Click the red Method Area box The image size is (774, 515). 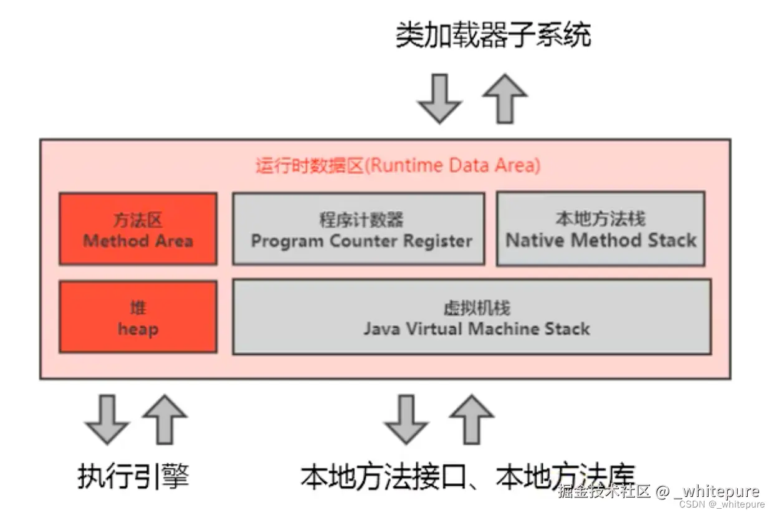tap(138, 229)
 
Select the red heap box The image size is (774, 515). tap(138, 317)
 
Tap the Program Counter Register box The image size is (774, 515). tap(359, 229)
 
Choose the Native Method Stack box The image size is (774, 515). tap(601, 228)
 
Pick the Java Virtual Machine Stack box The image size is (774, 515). tap(472, 317)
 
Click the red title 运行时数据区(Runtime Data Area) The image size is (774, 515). tap(398, 165)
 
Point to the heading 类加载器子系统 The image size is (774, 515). tap(494, 34)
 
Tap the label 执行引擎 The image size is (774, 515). tap(133, 476)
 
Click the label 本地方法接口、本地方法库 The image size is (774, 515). tap(468, 476)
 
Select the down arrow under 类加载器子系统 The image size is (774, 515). tap(439, 99)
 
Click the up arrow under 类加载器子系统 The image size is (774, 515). tap(505, 99)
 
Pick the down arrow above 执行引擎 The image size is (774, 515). tap(107, 420)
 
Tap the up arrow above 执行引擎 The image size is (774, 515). tap(165, 420)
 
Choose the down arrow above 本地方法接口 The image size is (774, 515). tap(406, 420)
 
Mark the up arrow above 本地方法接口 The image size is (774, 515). tap(471, 420)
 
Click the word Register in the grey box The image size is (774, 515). tap(438, 241)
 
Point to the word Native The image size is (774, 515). tap(535, 240)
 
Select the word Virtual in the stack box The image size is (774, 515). tap(434, 329)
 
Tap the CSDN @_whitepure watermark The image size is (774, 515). tap(722, 504)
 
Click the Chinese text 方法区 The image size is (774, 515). tap(138, 220)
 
